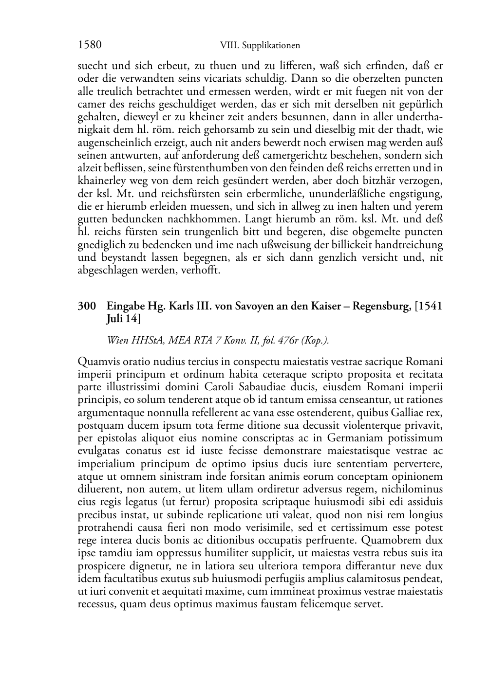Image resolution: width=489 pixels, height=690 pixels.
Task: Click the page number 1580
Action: pos(90,45)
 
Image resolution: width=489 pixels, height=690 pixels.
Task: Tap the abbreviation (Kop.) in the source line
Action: pos(315,341)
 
